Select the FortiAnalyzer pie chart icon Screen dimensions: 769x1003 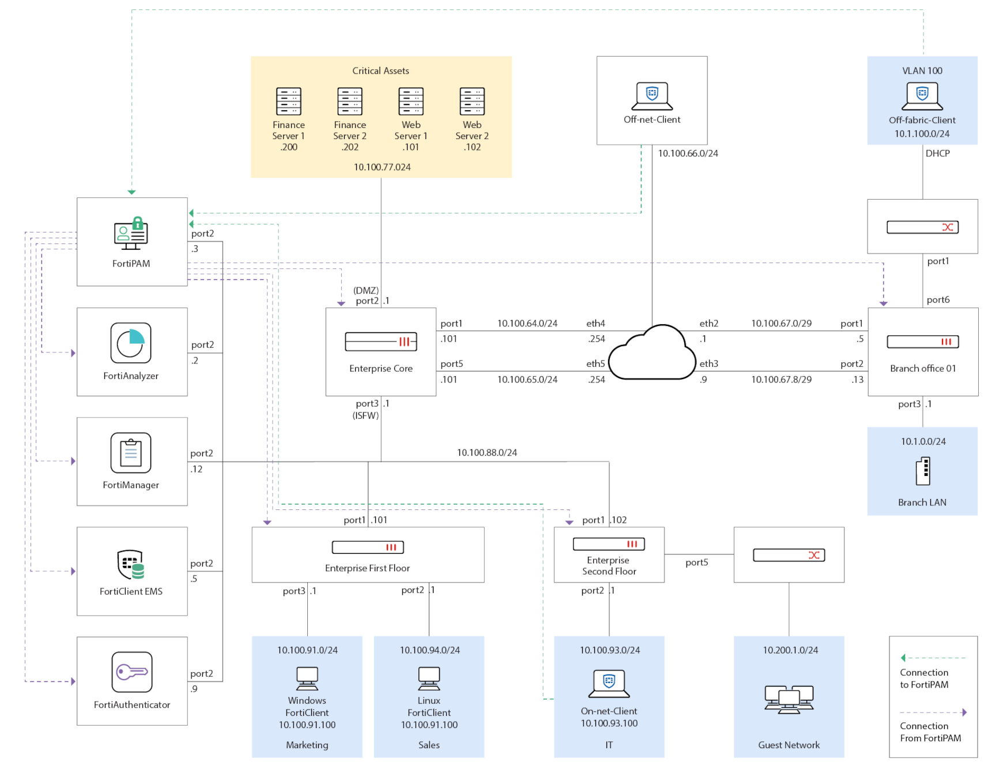coord(131,343)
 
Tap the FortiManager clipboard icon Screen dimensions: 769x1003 coord(131,453)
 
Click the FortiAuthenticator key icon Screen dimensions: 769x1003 coord(132,672)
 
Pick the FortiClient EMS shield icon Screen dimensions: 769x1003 coord(131,564)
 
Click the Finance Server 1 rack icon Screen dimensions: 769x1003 coord(289,102)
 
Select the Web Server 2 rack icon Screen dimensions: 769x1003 coord(472,102)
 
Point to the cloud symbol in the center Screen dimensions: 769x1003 coord(653,353)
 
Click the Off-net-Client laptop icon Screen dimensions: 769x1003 coord(652,96)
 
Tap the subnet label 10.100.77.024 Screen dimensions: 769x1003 coord(382,167)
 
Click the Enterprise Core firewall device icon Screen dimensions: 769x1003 coord(381,342)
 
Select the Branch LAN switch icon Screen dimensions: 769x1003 coord(923,471)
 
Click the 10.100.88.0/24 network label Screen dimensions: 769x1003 coord(487,453)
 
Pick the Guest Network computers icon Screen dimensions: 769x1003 coord(789,699)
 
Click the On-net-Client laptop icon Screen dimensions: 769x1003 coord(609,684)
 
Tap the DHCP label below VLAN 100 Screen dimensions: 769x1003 coord(938,153)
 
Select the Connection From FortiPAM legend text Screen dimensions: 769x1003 coord(930,732)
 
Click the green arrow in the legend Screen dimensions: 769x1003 coord(903,658)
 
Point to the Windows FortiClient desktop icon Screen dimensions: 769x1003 coord(307,678)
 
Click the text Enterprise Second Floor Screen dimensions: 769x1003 coord(609,566)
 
